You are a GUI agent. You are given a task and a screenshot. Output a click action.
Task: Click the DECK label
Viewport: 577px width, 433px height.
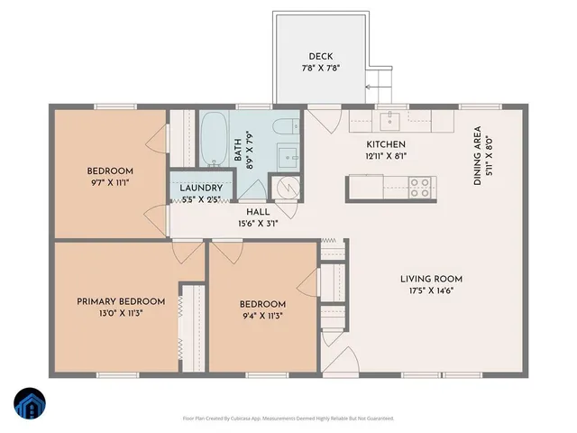(321, 56)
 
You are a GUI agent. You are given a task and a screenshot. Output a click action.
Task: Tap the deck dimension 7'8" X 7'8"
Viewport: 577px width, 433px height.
(321, 69)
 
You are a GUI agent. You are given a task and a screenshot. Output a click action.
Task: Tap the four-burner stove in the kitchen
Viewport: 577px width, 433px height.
(420, 187)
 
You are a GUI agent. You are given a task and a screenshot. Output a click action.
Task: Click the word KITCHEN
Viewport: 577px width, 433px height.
(385, 144)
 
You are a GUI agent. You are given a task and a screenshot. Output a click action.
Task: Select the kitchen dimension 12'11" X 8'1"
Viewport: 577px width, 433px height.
(386, 156)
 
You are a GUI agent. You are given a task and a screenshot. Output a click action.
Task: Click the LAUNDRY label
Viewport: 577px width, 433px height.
(200, 188)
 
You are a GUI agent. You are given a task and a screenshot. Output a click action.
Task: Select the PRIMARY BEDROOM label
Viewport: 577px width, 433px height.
(121, 301)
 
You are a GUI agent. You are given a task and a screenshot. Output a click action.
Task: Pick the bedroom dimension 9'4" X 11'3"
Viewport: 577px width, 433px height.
(263, 317)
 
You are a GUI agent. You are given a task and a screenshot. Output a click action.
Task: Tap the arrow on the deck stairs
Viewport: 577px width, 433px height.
(370, 88)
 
